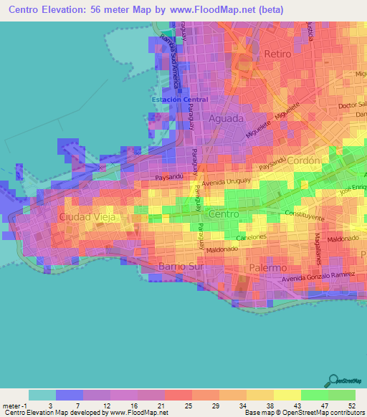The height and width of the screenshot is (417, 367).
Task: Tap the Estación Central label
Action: [180, 100]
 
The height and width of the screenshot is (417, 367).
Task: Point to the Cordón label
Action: [303, 161]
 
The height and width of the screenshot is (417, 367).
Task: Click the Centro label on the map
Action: [223, 214]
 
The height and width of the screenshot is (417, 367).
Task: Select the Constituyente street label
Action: [305, 216]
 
